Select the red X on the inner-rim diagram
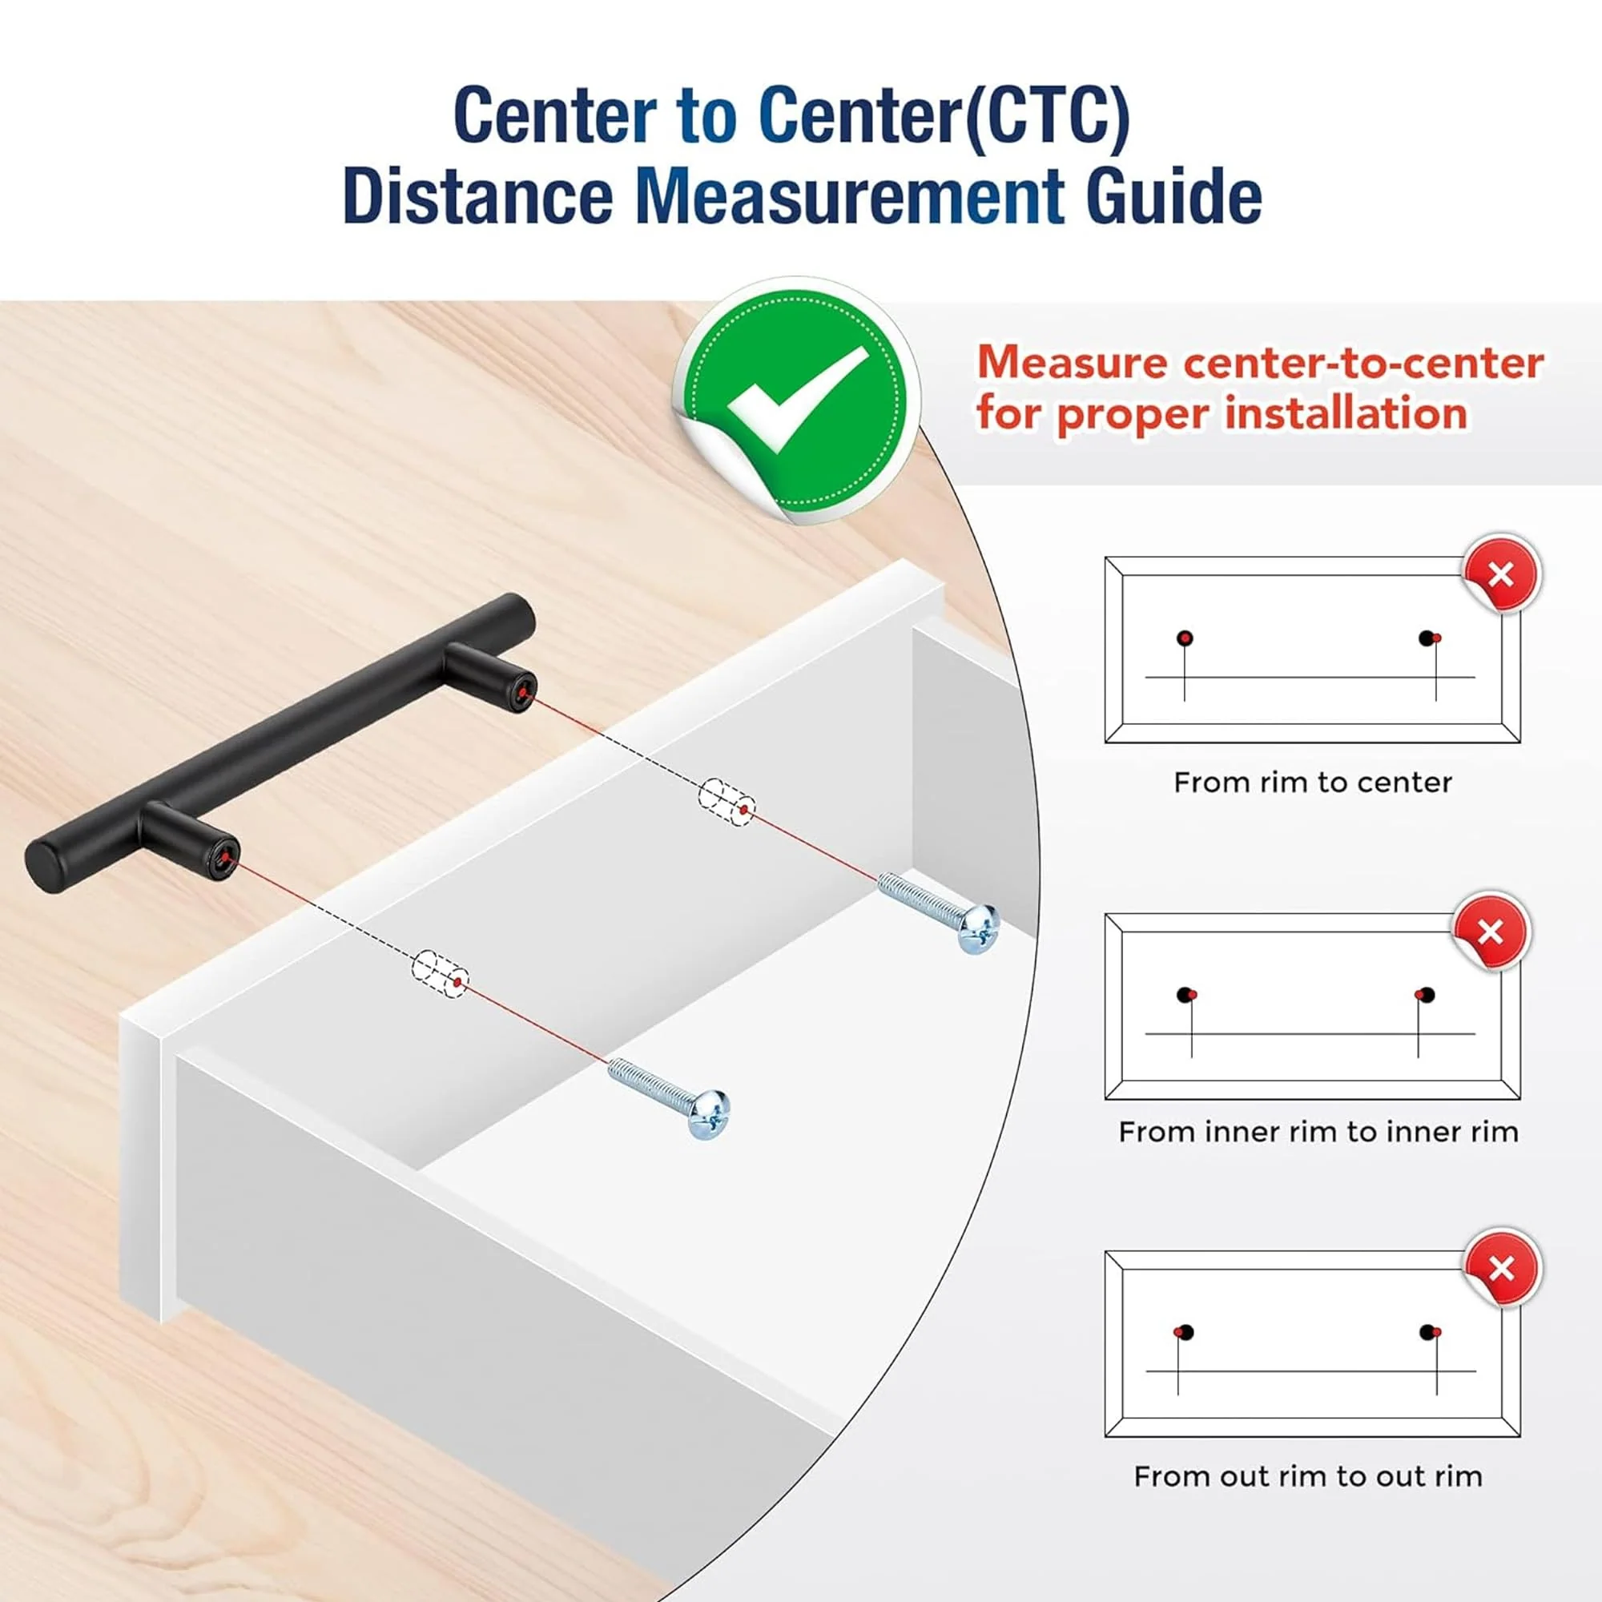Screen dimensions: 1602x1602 (x=1490, y=932)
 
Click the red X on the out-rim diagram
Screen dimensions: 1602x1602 (x=1502, y=1269)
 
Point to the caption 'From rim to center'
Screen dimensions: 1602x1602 (x=1313, y=783)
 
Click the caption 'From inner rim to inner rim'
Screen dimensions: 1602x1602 (x=1318, y=1132)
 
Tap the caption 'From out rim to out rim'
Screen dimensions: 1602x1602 (x=1308, y=1477)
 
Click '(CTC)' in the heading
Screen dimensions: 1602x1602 (x=1044, y=116)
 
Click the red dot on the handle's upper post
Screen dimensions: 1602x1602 (x=521, y=691)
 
